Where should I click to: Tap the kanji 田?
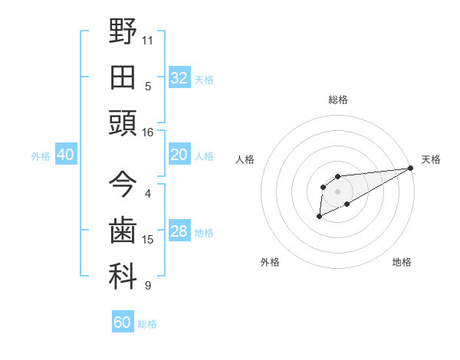click(x=123, y=77)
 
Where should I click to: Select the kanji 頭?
click(x=123, y=123)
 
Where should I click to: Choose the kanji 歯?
click(x=123, y=231)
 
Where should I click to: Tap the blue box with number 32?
click(x=179, y=78)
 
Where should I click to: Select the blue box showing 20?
click(x=179, y=155)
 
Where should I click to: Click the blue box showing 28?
click(x=179, y=232)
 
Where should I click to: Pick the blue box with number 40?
click(x=65, y=155)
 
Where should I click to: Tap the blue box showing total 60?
click(x=123, y=322)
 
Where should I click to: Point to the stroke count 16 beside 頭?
click(x=148, y=133)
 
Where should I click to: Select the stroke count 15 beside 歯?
click(x=148, y=240)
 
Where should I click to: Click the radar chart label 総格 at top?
click(x=337, y=100)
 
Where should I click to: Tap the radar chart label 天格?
click(x=431, y=159)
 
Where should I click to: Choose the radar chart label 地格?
click(x=402, y=263)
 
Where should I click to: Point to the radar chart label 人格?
click(x=245, y=159)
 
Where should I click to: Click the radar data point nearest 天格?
click(x=412, y=168)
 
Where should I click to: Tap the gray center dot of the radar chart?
click(x=337, y=191)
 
